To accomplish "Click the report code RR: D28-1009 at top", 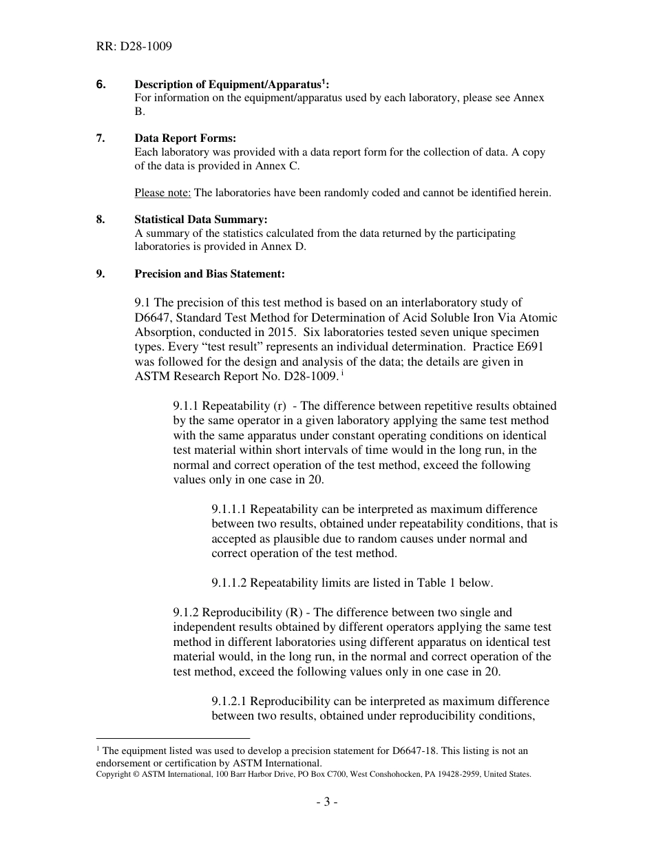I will coord(134,47).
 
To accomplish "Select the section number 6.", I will coord(101,84).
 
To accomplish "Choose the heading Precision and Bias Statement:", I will coord(209,273).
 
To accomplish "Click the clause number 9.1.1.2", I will coord(229,583).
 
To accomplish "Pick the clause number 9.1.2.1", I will coord(229,701).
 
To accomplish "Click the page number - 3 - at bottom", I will coord(327,802).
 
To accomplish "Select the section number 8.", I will coord(101,220).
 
